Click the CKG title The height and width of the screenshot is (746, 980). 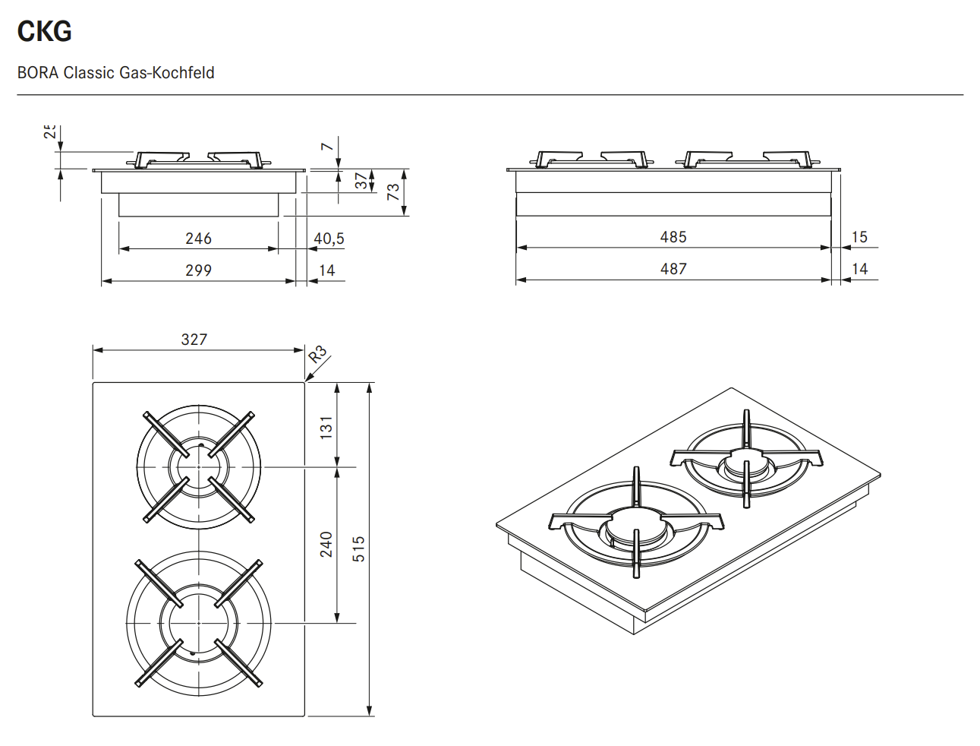(44, 31)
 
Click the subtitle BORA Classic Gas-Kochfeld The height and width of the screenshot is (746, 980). (116, 73)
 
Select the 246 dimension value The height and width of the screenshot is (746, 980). (198, 239)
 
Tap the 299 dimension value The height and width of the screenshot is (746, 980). (198, 270)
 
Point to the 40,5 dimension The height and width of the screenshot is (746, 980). (329, 239)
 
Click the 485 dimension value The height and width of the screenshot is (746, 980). (673, 237)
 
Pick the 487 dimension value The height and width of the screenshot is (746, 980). (673, 269)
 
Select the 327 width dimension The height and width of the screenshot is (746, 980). (194, 340)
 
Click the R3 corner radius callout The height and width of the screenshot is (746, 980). (317, 354)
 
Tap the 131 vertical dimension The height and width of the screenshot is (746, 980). (326, 427)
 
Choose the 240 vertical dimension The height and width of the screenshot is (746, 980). (326, 544)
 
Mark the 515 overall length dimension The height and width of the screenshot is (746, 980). (359, 548)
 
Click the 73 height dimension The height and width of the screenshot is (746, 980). (393, 191)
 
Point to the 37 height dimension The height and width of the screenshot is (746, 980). (361, 181)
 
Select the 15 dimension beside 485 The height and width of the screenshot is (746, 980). (859, 237)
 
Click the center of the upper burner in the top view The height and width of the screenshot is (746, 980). (199, 466)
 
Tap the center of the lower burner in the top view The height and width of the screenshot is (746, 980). (199, 623)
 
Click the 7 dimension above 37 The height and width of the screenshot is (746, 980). (326, 147)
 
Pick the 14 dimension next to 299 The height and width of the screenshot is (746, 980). (327, 270)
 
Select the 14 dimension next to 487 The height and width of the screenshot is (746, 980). (859, 269)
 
